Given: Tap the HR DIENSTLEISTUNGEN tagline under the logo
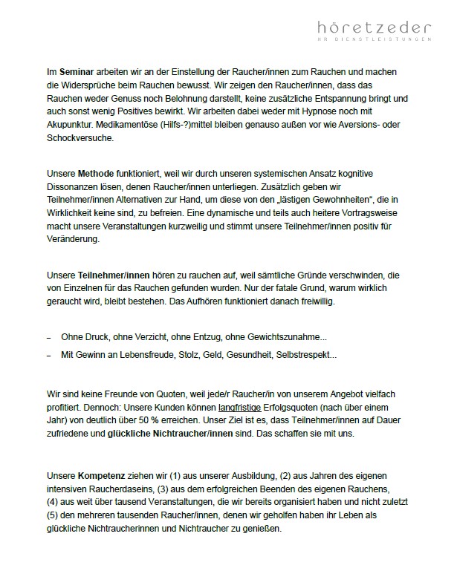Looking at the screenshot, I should [369, 41].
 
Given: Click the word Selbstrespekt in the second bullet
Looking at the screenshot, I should [305, 355].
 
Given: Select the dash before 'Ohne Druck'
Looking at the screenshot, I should [48, 336].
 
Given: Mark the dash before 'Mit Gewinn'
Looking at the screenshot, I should [48, 356].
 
